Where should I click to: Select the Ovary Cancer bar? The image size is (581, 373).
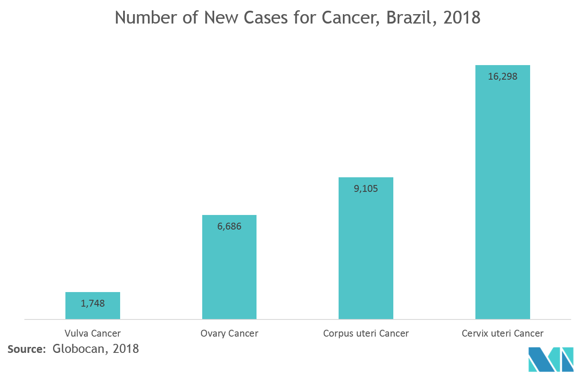pos(229,274)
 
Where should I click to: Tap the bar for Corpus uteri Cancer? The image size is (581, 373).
pos(366,257)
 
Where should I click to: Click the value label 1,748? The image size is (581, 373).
pos(92,304)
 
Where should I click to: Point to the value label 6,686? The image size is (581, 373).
pos(229,227)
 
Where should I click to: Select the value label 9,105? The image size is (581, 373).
pos(366,188)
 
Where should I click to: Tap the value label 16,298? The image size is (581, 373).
pos(502,77)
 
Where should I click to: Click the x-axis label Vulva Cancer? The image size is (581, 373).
pos(92,333)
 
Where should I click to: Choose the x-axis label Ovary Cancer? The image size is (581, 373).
pos(229,333)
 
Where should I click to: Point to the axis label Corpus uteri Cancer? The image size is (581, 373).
pos(366,333)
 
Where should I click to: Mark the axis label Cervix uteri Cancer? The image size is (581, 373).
pos(502,333)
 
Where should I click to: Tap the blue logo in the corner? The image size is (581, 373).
pos(550,359)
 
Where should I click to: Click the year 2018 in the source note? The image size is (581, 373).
pos(126,349)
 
